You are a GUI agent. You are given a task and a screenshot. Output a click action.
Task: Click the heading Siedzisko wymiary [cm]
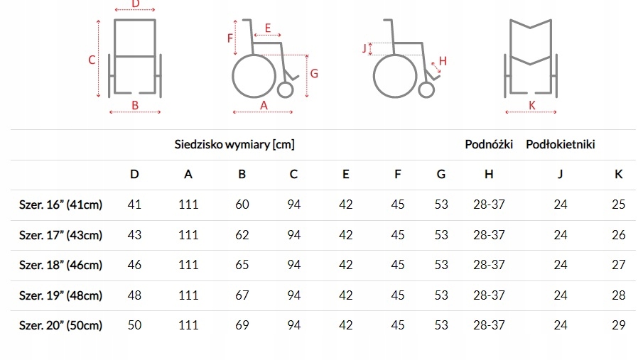234,145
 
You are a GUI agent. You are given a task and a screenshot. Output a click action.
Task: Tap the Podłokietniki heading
560,145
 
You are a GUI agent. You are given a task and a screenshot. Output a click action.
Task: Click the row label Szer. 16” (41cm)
61,205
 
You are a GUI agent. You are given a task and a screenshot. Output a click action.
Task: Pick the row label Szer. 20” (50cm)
61,325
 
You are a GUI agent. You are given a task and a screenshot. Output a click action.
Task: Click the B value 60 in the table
242,205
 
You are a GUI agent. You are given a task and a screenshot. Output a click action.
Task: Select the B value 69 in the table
242,325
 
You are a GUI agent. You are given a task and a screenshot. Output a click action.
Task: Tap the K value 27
618,265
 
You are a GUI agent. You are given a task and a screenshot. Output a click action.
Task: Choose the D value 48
134,295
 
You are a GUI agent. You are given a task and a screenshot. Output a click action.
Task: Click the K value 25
618,205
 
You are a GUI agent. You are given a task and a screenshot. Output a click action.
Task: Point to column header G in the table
441,175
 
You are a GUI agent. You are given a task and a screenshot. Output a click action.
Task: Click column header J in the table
560,175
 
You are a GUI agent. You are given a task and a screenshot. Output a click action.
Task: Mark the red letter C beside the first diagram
92,60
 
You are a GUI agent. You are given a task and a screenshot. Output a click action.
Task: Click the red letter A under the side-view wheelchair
264,105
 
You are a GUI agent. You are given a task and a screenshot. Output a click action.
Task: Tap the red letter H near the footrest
442,61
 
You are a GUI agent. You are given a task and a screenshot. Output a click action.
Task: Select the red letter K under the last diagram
532,105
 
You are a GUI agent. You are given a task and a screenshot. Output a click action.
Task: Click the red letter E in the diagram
267,28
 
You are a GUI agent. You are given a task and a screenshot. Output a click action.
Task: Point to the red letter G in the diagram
313,73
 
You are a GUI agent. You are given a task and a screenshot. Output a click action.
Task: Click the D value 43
134,235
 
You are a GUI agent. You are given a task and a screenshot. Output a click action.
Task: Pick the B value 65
242,265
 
